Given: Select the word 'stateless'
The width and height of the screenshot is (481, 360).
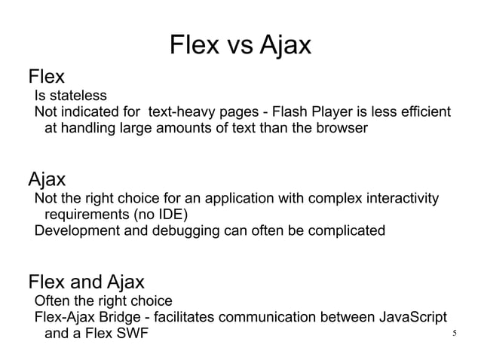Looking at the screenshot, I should pos(78,96).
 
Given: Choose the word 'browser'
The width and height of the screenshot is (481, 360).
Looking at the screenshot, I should pos(340,129).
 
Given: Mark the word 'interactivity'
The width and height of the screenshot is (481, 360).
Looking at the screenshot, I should pos(402,199).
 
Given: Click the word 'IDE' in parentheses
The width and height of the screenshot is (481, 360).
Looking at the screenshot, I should pos(170,215).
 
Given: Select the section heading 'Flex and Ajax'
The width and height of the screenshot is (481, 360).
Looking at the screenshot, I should pos(86,283).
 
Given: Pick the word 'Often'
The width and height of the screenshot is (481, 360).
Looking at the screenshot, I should pos(52,301).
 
